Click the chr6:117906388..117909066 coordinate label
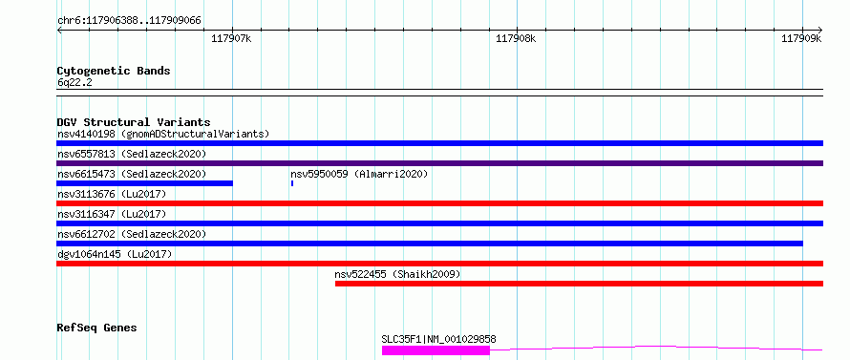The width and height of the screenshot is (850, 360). (x=129, y=21)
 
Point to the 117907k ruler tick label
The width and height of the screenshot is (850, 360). (x=231, y=38)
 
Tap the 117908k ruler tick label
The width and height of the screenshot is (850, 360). (x=516, y=38)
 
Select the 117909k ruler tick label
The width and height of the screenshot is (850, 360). (x=801, y=38)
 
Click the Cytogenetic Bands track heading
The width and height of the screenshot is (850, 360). (x=114, y=71)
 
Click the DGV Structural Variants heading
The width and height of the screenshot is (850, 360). (x=134, y=122)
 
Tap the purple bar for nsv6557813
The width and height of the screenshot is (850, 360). (x=439, y=163)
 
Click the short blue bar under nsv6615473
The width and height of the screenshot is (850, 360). (x=145, y=183)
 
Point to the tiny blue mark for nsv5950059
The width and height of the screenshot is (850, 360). (x=292, y=183)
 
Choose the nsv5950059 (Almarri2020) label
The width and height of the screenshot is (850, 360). (x=359, y=174)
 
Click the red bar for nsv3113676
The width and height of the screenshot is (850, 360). (x=439, y=203)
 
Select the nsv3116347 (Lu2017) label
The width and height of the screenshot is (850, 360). (x=112, y=214)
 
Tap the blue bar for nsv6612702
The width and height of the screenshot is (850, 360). (x=430, y=244)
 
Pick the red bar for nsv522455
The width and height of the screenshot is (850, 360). (x=579, y=284)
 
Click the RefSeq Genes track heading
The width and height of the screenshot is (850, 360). (x=97, y=328)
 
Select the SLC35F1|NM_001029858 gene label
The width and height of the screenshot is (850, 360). (x=438, y=339)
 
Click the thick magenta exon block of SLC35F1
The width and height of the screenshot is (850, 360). (x=436, y=350)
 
